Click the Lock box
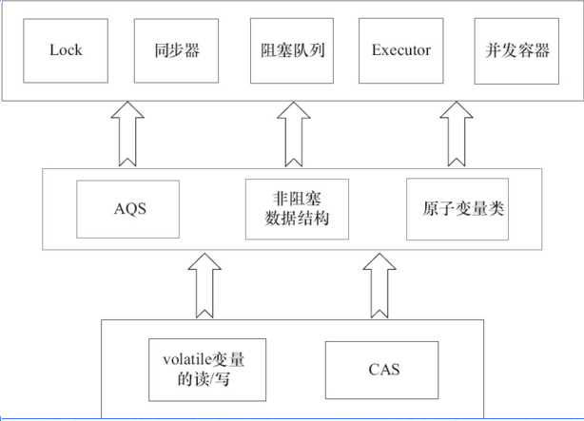tap(66, 50)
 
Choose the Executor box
tap(401, 50)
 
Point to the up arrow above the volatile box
tap(204, 284)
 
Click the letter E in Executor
tap(376, 50)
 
